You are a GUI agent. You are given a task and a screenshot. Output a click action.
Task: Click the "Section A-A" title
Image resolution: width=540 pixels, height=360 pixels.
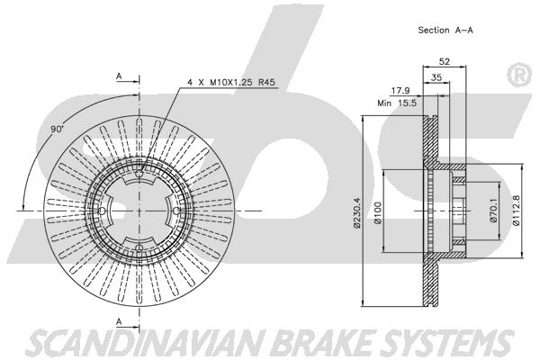pos(445,30)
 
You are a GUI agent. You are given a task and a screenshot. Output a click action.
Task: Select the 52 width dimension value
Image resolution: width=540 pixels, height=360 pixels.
pos(445,62)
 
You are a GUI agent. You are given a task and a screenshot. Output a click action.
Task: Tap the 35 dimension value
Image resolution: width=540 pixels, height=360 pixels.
pos(436,77)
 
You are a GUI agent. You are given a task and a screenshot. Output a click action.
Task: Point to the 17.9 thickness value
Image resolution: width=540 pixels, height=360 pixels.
pos(400,91)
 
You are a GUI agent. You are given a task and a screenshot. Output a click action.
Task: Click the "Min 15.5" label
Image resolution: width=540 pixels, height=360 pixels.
pos(397,103)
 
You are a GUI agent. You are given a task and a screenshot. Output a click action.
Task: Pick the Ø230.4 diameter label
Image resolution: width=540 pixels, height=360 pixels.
pos(356,212)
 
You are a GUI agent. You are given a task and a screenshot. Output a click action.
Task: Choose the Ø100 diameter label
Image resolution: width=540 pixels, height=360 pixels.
pos(378,212)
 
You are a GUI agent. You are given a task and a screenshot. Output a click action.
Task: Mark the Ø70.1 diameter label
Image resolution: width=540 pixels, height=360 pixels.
pos(493,211)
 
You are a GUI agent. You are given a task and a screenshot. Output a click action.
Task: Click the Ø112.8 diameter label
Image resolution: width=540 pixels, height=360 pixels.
pos(516,210)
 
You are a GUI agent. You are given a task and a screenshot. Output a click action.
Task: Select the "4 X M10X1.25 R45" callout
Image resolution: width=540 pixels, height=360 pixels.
pos(230,82)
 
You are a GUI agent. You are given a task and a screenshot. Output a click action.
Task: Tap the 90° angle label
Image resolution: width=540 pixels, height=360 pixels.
pos(58,130)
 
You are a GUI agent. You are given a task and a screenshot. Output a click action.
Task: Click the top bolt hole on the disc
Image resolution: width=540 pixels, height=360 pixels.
pos(139,174)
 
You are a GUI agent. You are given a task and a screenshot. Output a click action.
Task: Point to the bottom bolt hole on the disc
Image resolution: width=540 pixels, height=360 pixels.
pos(139,248)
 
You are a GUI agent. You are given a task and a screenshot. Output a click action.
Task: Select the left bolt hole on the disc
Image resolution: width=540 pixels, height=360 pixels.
pos(102,211)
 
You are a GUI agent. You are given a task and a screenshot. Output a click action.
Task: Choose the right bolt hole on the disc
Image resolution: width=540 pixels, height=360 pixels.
pos(176,211)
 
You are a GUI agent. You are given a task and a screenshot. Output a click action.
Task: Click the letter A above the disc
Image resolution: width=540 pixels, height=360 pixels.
pos(119,76)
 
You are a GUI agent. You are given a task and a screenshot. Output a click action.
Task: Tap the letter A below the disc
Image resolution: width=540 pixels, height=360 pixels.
pos(119,322)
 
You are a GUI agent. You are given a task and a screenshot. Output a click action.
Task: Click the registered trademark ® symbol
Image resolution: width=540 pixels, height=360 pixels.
pos(519,76)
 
